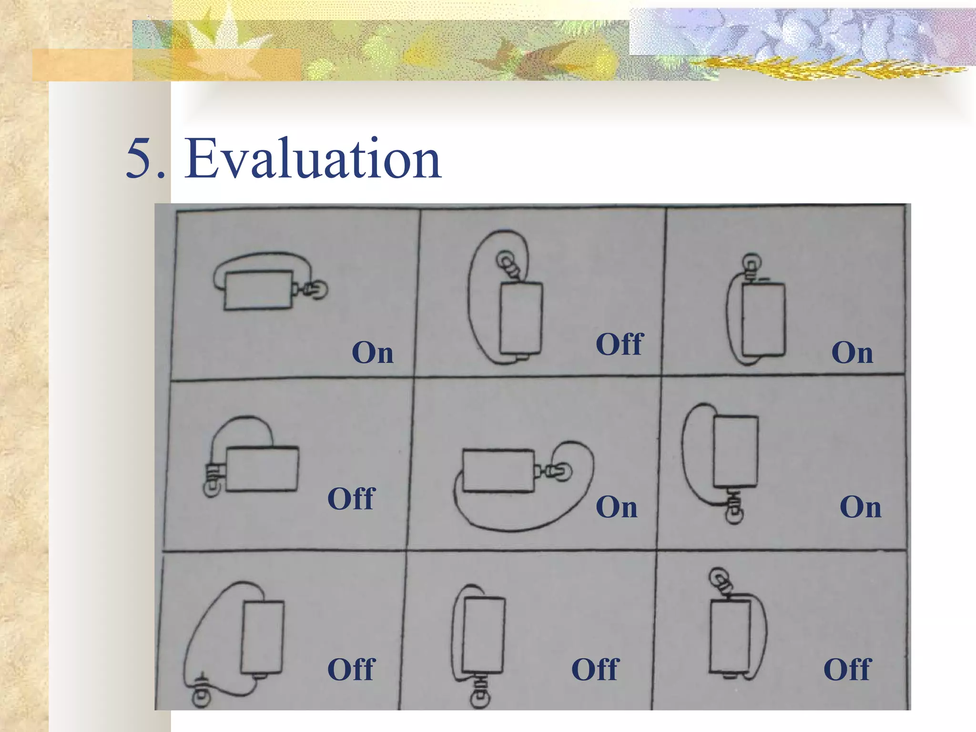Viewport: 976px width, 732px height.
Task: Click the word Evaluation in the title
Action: [x=313, y=159]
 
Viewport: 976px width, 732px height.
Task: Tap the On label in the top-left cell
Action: [x=373, y=353]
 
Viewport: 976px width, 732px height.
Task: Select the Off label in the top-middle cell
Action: [x=620, y=344]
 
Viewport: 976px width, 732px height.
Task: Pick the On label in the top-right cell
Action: [x=852, y=353]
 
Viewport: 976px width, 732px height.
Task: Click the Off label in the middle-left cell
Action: [x=352, y=498]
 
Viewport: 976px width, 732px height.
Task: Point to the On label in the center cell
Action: [x=616, y=507]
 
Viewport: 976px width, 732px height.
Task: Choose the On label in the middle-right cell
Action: [x=860, y=507]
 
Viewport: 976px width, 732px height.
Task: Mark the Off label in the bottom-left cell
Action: [x=352, y=669]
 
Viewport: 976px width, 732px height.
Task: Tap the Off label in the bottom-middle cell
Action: [x=595, y=669]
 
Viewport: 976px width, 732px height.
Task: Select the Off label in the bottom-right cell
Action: [x=847, y=669]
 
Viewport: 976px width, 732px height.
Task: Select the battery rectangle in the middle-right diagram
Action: [x=735, y=451]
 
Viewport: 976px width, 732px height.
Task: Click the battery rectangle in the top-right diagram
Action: [x=763, y=319]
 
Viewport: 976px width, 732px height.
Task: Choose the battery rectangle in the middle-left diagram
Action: [x=262, y=469]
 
